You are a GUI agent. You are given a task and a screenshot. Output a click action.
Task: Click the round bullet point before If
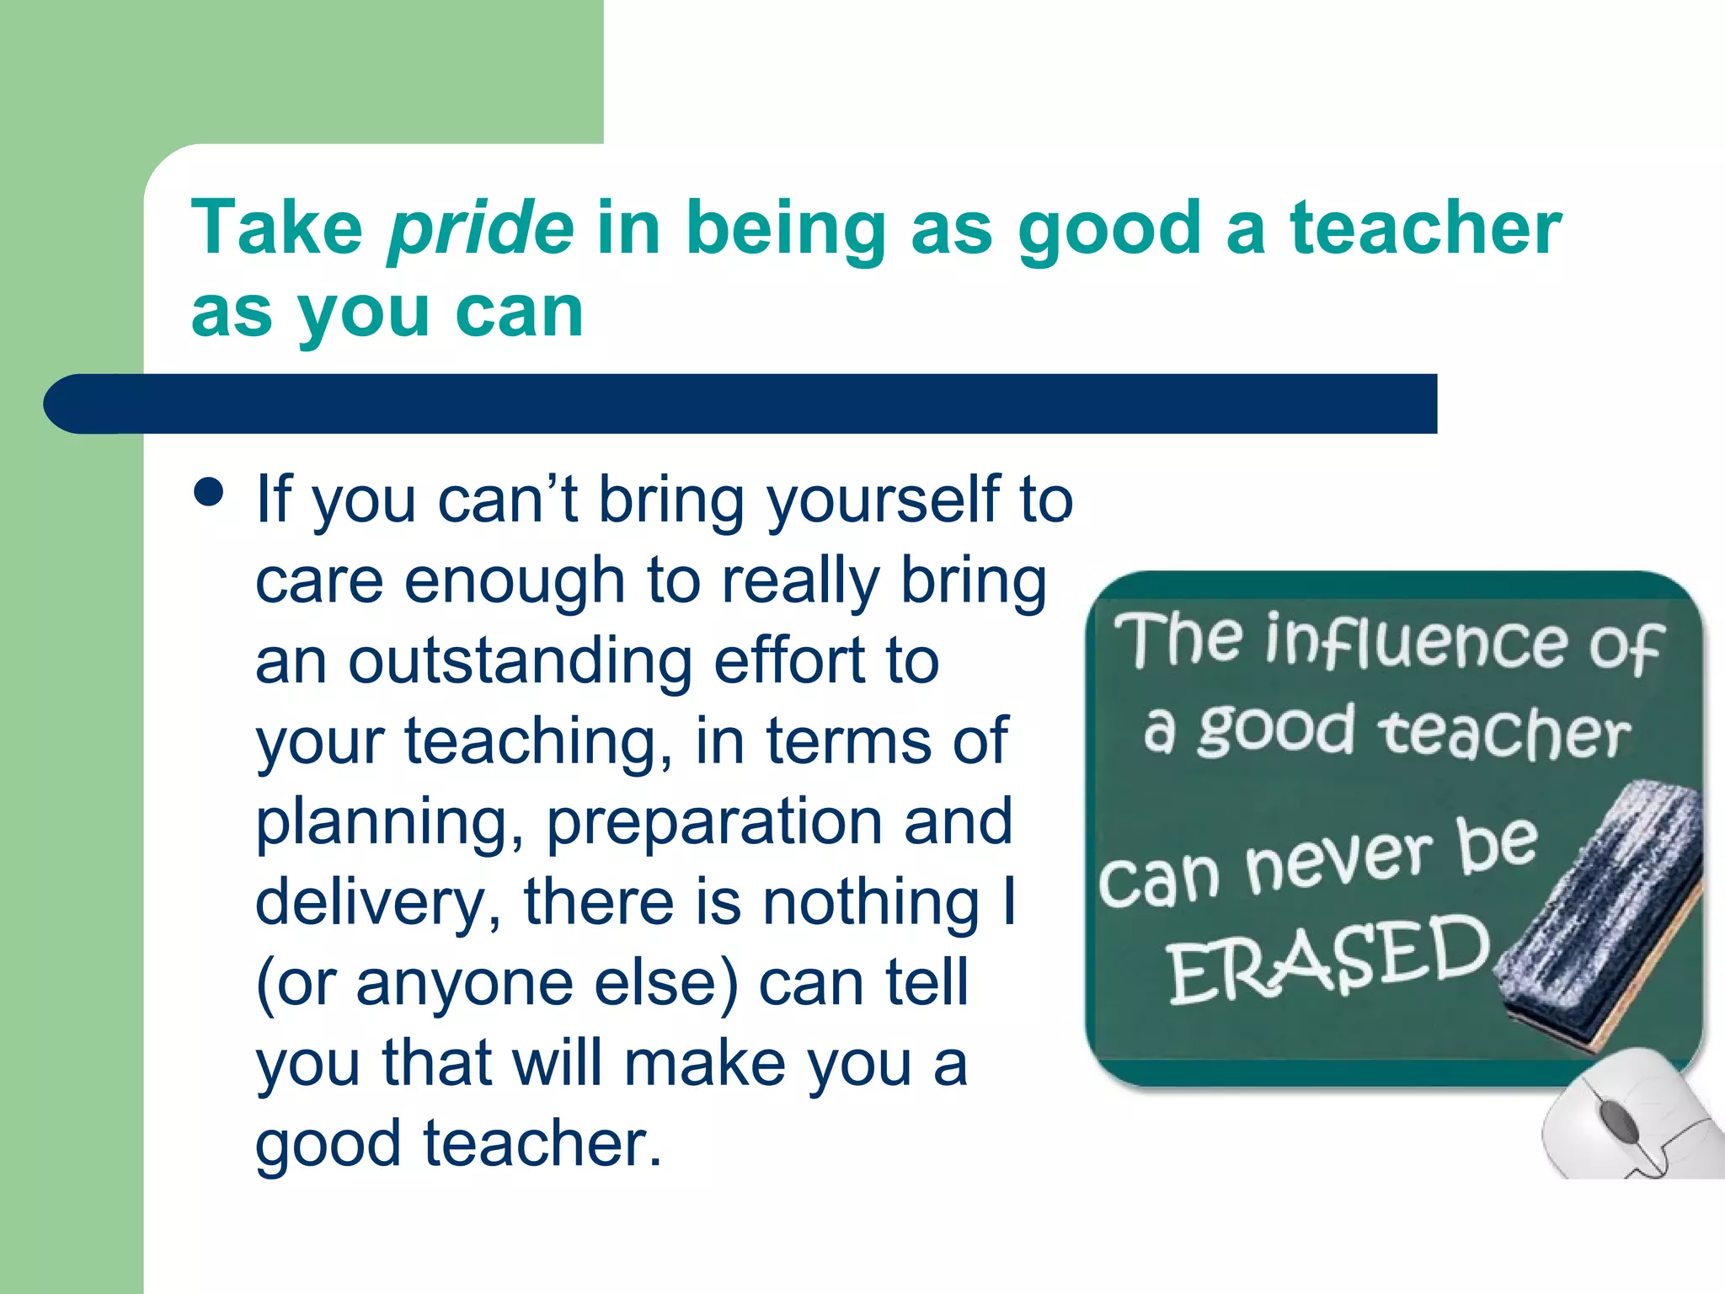click(x=208, y=492)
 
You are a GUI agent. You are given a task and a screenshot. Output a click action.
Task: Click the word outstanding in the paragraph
click(x=521, y=661)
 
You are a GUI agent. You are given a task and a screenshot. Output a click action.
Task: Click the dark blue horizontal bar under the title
click(x=741, y=404)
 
